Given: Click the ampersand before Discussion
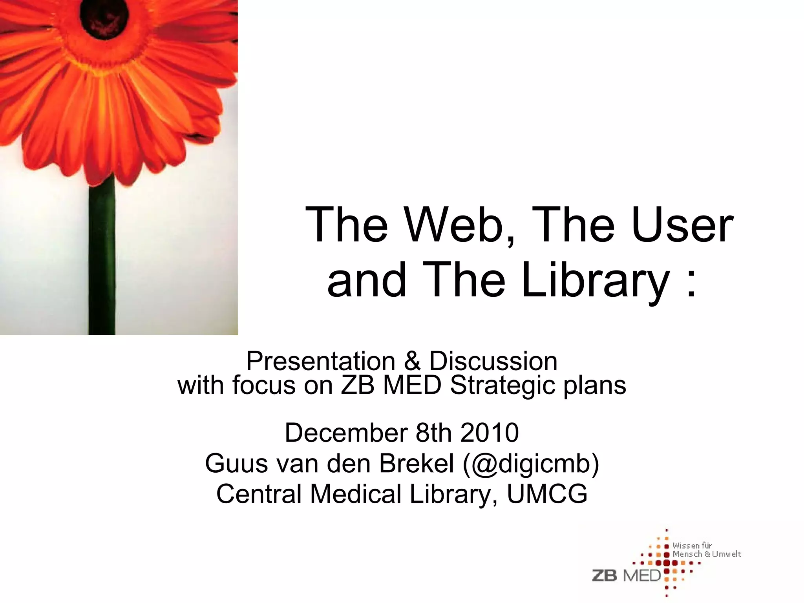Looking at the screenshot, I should coord(412,361).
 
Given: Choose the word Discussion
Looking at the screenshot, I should coord(493,361).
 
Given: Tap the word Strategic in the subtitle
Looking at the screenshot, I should coord(502,386).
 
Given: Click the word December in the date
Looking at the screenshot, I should coord(346,433).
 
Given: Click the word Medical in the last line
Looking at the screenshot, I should coord(356,494).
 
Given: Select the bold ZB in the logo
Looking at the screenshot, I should coord(605,576).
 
